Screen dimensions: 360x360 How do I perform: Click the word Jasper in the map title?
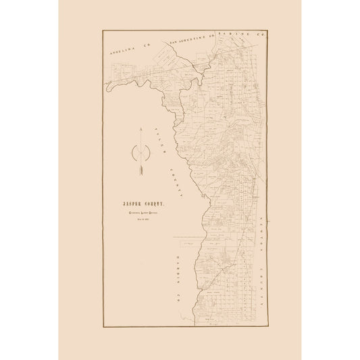pyautogui.click(x=132, y=202)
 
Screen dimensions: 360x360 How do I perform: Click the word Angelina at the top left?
pyautogui.click(x=123, y=46)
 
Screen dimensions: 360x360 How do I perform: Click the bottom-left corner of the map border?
pyautogui.click(x=103, y=328)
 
